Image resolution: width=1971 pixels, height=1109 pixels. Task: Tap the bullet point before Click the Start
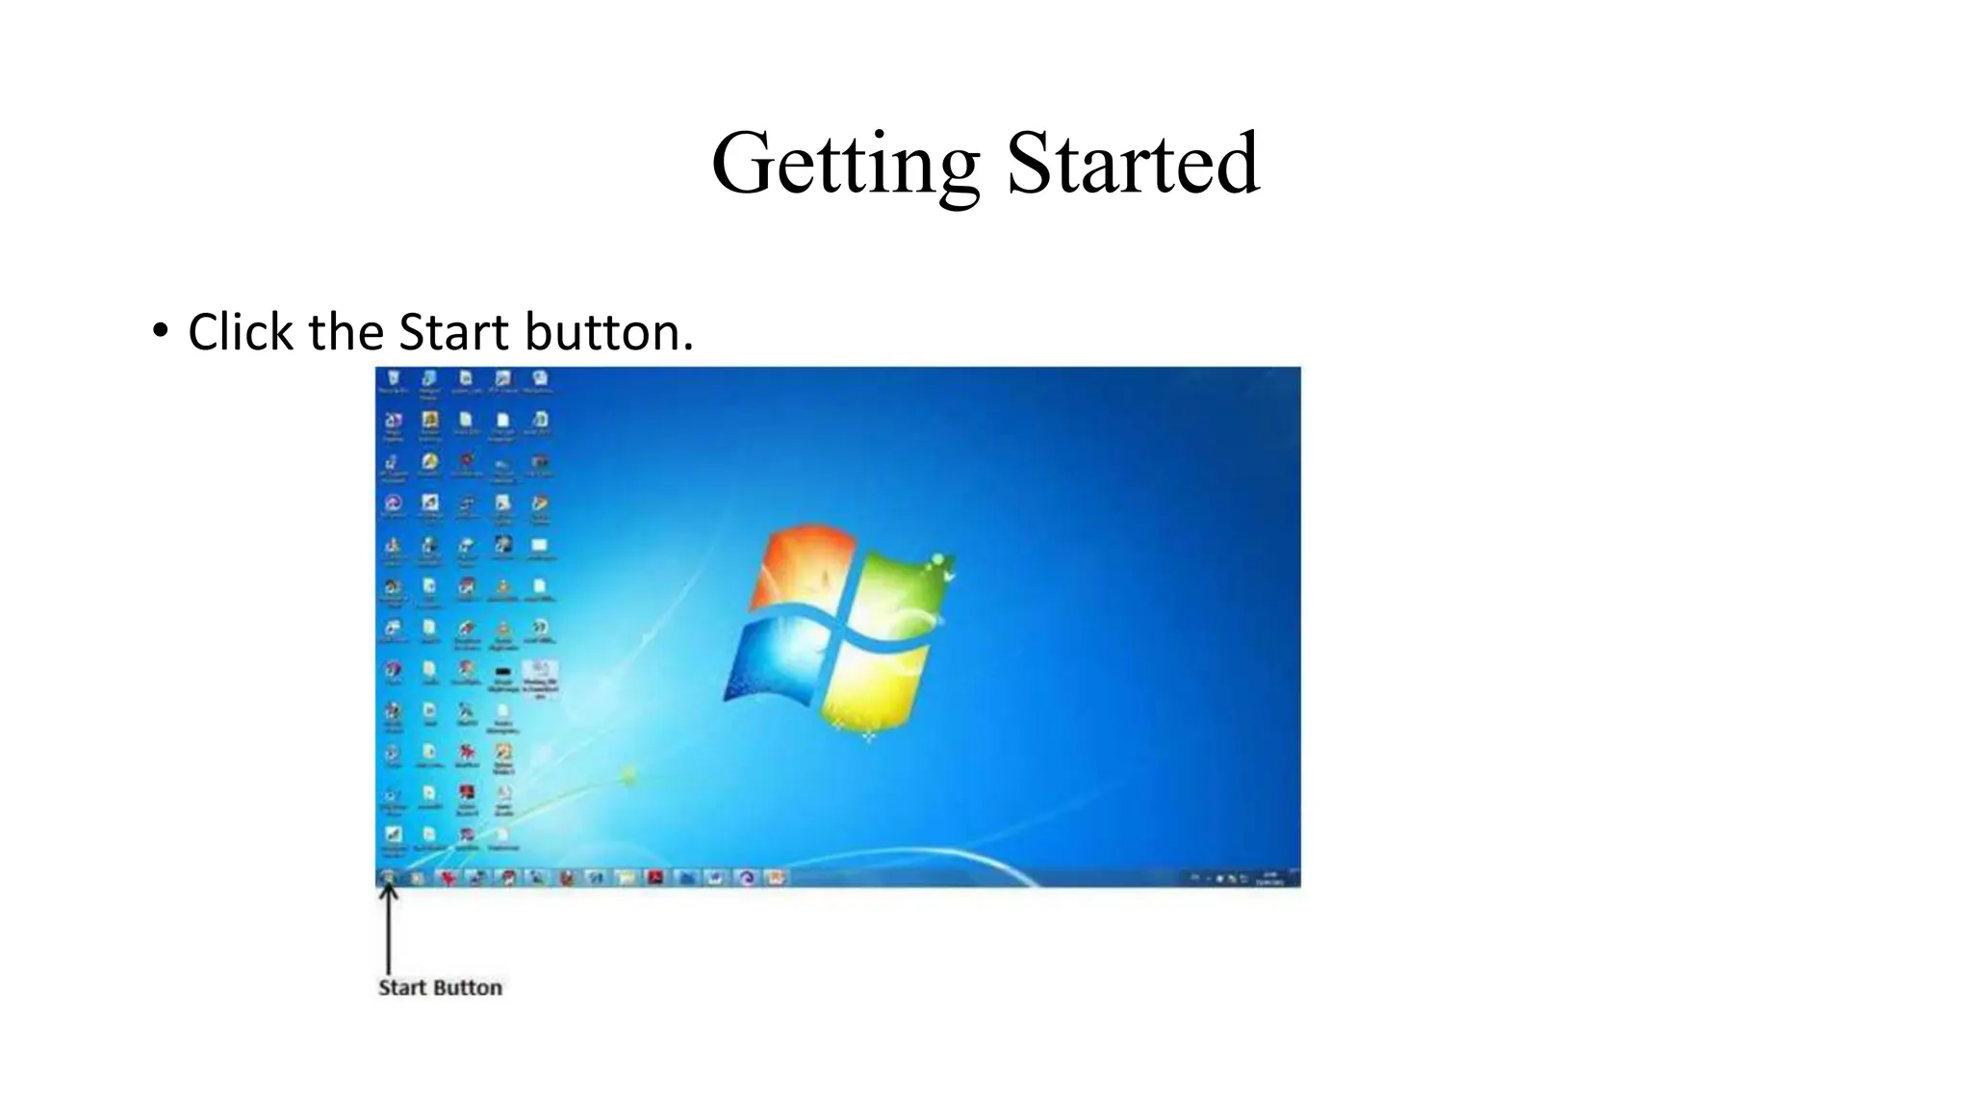160,332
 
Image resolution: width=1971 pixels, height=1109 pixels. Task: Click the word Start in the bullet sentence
454,332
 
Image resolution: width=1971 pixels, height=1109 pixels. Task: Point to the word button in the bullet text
608,332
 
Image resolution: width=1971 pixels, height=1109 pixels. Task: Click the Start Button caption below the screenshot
440,988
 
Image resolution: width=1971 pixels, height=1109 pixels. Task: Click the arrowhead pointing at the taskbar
388,891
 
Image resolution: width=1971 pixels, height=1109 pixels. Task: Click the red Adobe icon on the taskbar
655,877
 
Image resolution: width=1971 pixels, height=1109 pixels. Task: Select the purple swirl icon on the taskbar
747,877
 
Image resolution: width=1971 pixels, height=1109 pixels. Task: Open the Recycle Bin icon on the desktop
393,381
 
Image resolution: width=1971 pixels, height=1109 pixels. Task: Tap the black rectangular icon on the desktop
502,672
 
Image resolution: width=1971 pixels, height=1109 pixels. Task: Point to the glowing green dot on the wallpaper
629,775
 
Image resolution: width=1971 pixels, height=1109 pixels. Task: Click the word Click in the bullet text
241,332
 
